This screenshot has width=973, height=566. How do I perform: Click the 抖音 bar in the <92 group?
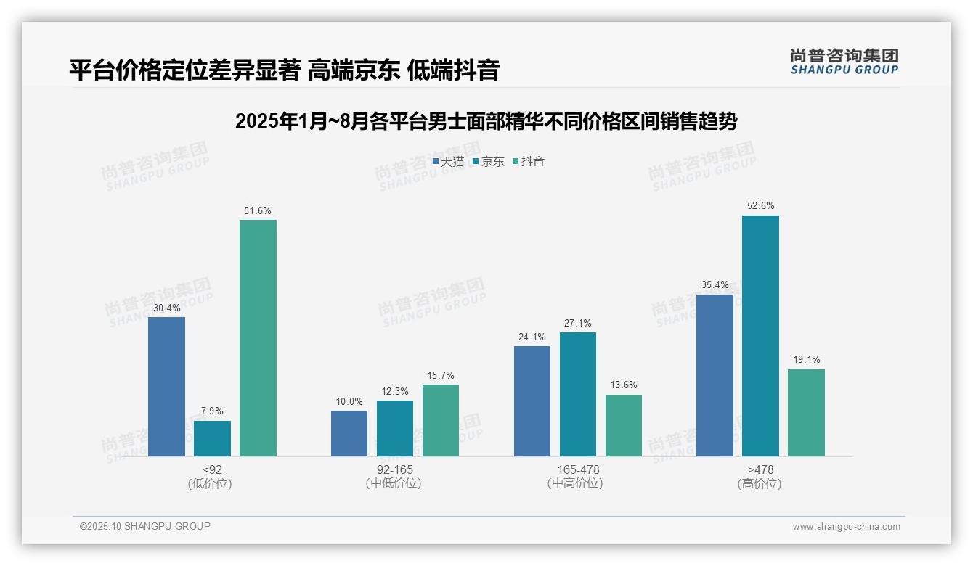258,338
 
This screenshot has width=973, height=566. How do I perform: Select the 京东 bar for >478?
760,336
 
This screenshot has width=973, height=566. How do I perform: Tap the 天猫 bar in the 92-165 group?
349,434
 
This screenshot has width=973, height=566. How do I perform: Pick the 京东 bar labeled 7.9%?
212,439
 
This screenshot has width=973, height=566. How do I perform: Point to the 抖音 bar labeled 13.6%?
624,426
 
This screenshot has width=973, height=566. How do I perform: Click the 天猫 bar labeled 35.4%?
715,376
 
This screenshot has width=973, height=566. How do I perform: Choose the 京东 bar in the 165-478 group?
578,395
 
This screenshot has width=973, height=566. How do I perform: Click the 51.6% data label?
258,211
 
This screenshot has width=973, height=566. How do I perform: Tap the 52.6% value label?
760,206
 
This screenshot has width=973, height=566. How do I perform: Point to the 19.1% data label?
806,360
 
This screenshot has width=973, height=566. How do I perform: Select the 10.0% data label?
349,402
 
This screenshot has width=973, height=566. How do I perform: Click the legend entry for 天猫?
448,162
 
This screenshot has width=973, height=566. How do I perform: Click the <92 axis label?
212,470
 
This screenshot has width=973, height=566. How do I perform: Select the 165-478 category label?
578,470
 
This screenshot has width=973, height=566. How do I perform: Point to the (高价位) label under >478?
760,484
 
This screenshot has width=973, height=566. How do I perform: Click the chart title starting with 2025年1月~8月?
486,121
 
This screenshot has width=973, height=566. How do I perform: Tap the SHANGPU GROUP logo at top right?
844,62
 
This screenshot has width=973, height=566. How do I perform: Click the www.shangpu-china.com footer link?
846,527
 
